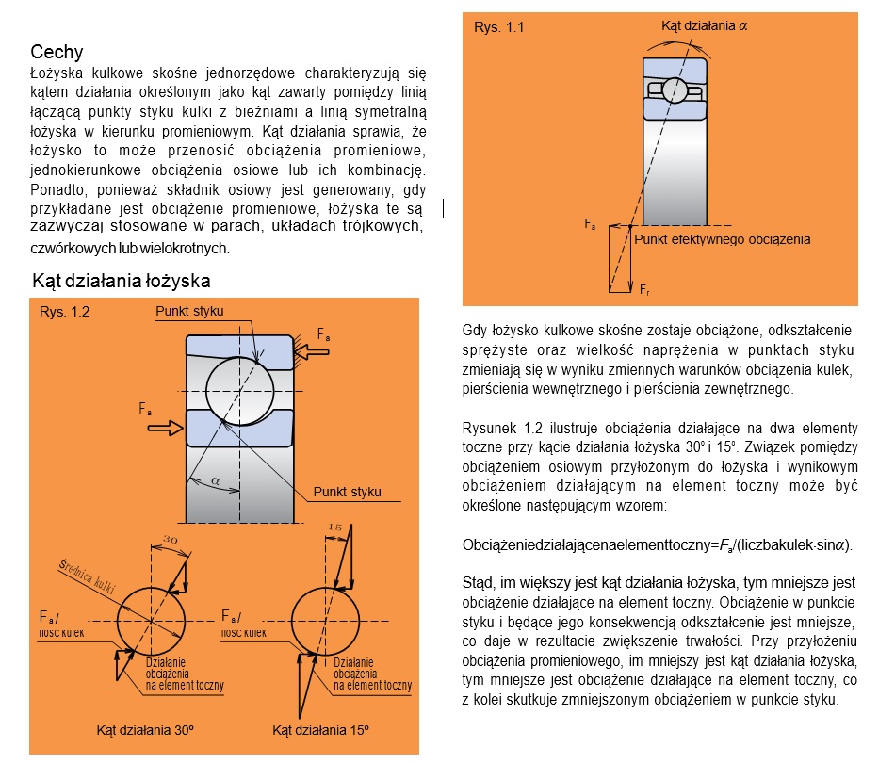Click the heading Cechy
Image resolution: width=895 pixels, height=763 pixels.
pos(57,52)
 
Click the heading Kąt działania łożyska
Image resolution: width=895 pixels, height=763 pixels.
pos(122,281)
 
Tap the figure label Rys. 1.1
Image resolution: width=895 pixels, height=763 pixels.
pos(498,27)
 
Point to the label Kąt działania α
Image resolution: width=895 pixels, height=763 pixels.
pos(705,26)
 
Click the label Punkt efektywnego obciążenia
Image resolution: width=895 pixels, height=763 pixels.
pos(723,239)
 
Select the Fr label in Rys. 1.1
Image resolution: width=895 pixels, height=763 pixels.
pos(644,288)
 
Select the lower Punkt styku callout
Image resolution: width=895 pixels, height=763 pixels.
pos(347,492)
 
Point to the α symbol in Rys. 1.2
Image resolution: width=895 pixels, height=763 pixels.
pos(216,480)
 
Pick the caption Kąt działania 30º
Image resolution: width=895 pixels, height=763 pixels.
pos(144,730)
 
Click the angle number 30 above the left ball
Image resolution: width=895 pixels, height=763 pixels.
pos(171,539)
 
